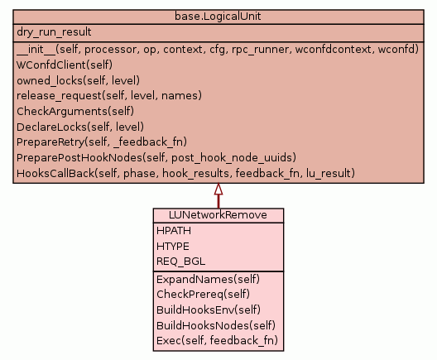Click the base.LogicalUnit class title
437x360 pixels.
click(218, 17)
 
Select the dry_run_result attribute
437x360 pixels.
click(54, 32)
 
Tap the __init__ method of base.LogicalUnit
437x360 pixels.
click(218, 50)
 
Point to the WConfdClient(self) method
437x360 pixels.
click(65, 65)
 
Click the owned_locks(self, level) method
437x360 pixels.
click(78, 80)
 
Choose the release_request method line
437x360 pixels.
click(109, 96)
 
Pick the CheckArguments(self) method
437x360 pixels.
click(75, 112)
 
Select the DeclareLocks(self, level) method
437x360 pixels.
click(80, 127)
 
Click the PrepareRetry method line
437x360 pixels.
click(102, 142)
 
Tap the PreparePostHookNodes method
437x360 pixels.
click(156, 158)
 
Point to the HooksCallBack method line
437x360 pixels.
click(185, 173)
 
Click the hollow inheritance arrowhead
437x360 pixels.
click(218, 189)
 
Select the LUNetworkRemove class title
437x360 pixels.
click(218, 215)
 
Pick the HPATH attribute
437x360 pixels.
click(174, 231)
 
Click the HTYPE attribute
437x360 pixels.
click(173, 247)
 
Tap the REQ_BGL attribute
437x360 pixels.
click(181, 262)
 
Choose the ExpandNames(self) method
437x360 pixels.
click(209, 280)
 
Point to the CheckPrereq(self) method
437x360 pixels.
click(203, 295)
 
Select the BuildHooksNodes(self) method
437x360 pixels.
click(216, 326)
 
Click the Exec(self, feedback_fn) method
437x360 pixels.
click(218, 341)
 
